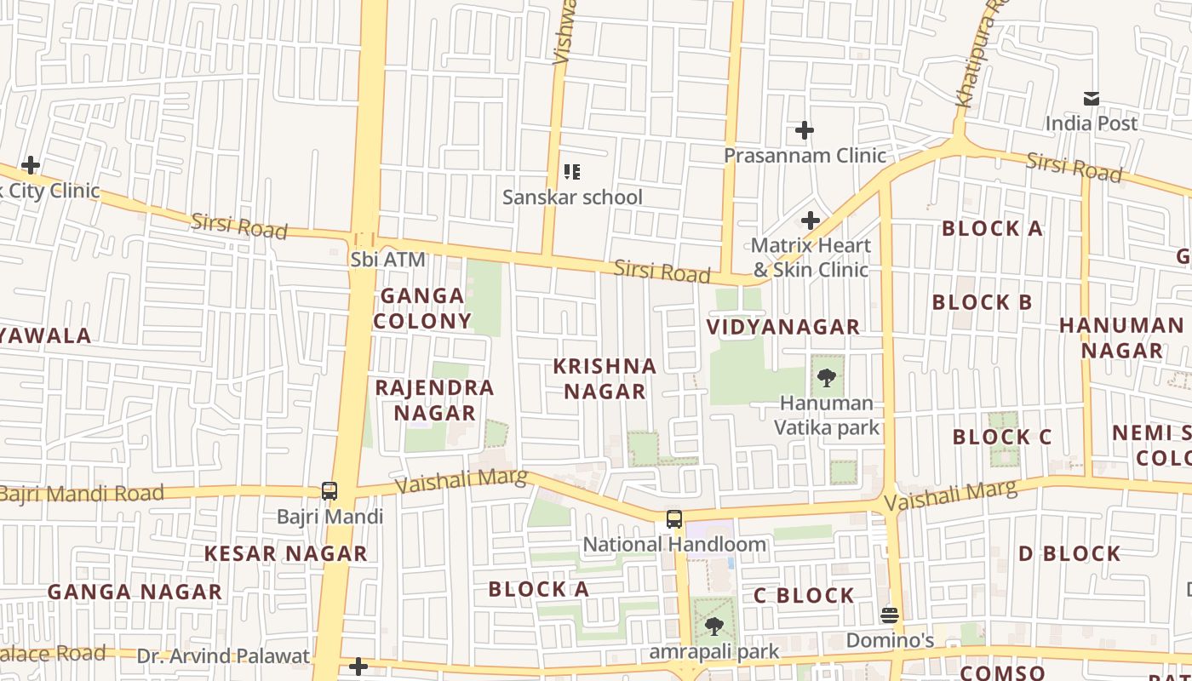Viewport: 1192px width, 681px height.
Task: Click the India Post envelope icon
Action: [1091, 99]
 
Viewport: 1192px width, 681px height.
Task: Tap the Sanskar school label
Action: [572, 197]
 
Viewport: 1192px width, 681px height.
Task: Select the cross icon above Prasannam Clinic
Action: [805, 130]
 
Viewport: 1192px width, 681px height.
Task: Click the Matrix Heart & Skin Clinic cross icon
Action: [811, 220]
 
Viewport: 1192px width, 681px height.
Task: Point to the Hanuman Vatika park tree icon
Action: [826, 378]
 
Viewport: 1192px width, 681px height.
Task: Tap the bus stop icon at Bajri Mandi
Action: [330, 491]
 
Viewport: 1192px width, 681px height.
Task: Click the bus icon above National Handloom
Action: [673, 518]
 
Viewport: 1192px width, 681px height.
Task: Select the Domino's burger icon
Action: [890, 615]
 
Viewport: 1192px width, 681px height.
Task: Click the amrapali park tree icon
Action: [713, 627]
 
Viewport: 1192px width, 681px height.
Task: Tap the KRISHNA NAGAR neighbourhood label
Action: [605, 379]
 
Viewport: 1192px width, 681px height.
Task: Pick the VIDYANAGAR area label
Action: [783, 327]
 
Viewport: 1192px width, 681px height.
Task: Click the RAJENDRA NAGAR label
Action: [434, 400]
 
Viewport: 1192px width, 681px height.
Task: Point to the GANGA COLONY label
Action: [422, 308]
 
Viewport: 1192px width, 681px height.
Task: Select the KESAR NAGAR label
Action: [285, 553]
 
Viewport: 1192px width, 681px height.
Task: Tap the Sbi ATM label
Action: [387, 260]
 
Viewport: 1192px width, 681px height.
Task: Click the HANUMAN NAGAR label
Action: [1121, 338]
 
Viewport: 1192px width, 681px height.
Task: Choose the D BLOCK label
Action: [1069, 553]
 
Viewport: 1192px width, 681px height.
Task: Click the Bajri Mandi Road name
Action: [81, 494]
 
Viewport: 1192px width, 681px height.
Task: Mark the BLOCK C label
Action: [1002, 438]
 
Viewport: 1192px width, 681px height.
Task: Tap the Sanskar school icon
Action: [572, 172]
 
